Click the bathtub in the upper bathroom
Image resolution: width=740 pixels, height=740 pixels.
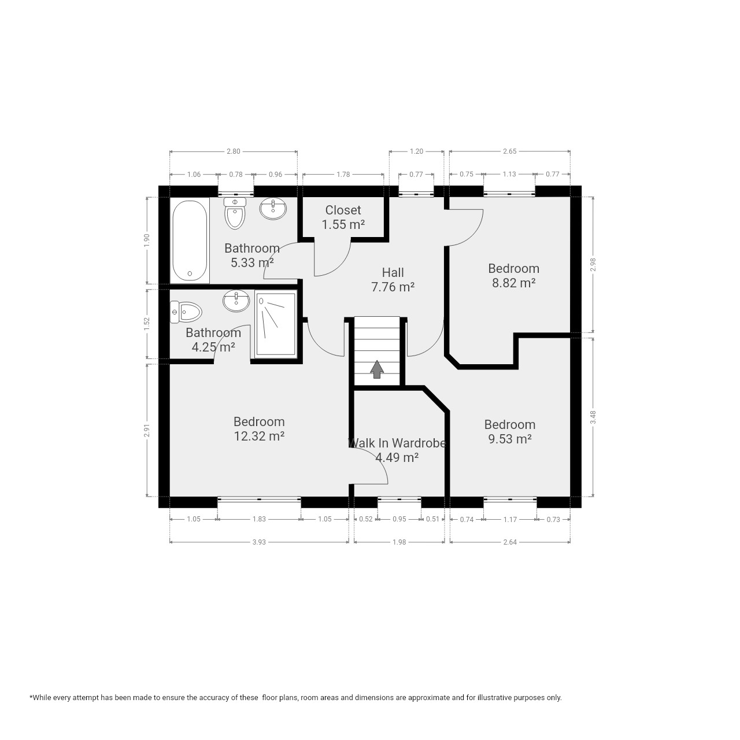190,240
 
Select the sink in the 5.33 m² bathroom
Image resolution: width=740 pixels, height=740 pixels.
273,209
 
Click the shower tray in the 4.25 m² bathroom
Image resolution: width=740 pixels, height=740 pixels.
276,324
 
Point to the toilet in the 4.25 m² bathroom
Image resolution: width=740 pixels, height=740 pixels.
186,312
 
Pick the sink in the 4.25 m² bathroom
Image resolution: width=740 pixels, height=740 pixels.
236,301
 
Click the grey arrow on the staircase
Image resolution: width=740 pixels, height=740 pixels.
377,369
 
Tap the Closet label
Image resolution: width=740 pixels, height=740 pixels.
343,210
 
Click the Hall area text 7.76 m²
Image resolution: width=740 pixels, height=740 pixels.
393,287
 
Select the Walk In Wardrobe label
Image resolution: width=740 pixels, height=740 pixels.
397,443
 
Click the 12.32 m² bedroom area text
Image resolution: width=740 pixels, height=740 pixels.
259,436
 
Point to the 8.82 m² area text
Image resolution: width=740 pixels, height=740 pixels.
514,283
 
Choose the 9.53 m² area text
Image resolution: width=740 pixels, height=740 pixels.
510,439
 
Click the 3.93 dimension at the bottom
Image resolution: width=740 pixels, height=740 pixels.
259,542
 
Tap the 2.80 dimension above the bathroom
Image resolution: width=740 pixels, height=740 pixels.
234,151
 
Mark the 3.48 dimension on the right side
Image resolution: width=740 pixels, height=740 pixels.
593,417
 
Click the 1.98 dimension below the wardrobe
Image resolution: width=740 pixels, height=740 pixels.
399,542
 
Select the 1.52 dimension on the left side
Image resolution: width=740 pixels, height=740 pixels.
146,324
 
